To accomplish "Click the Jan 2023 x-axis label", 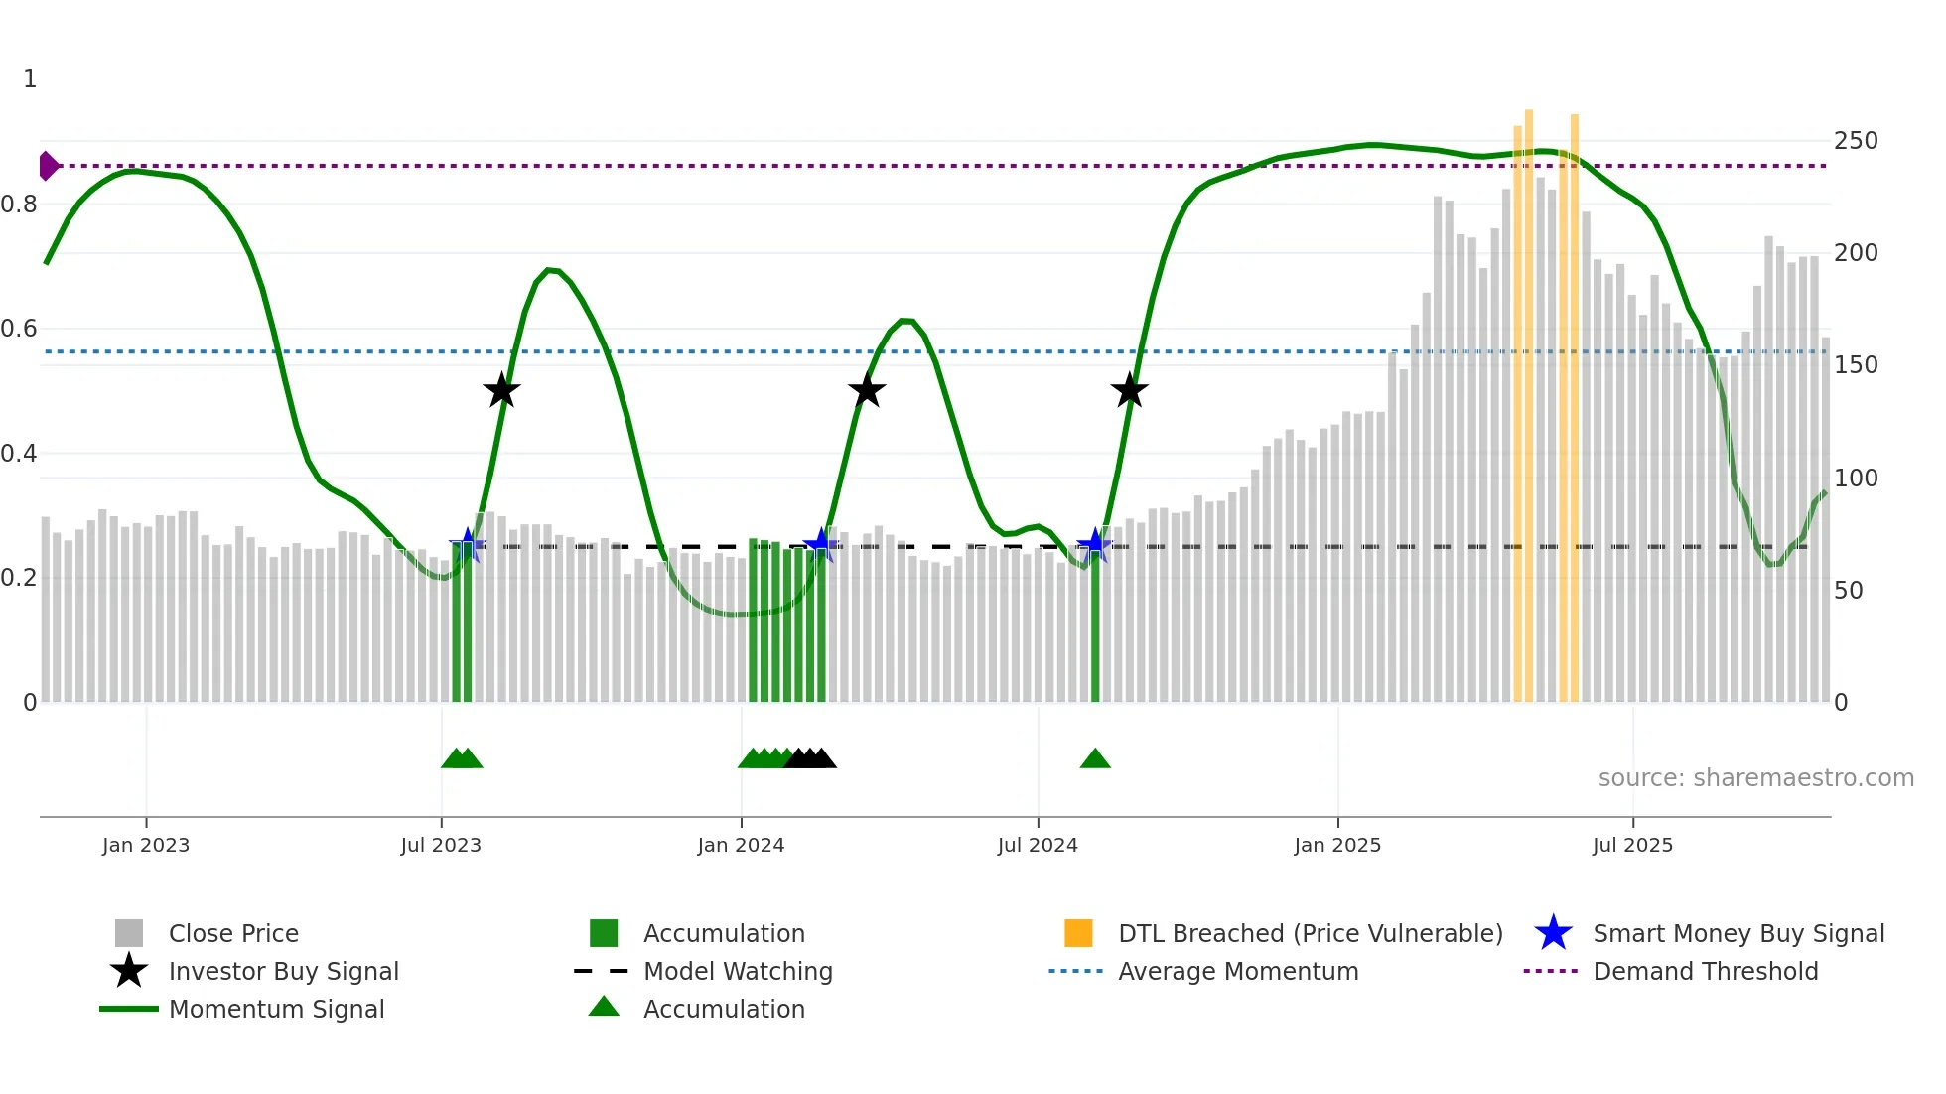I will click(146, 845).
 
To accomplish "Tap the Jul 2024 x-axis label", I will click(1038, 845).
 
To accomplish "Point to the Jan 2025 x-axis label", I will click(1337, 845).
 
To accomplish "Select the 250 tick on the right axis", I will click(1856, 141).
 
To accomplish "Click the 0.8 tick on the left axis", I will click(19, 205).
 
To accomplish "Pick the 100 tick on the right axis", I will click(1856, 479).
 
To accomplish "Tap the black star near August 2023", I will click(501, 390).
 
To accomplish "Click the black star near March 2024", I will click(867, 390).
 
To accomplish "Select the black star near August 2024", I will click(1129, 390).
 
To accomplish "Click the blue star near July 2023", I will click(468, 545).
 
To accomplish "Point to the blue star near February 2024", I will click(820, 544).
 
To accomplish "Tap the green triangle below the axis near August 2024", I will click(1095, 758).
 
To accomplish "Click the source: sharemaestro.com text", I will click(1755, 778).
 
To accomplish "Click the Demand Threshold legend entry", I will click(1705, 971).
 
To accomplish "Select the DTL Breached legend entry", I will click(1310, 933).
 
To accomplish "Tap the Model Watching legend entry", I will click(738, 971).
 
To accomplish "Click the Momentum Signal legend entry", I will click(276, 1009).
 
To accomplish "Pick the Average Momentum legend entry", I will click(1237, 971).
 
